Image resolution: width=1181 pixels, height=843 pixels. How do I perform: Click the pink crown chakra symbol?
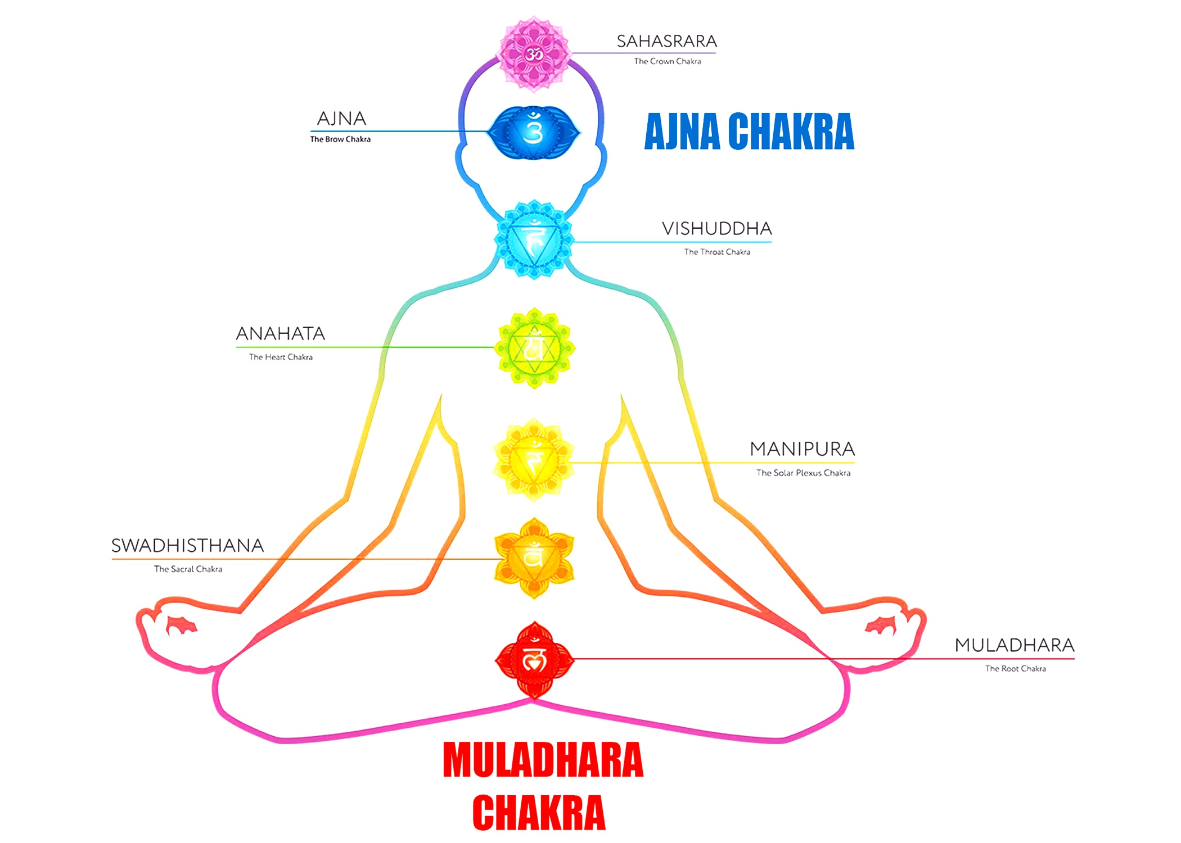coord(534,54)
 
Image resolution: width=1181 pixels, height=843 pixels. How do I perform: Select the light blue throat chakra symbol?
coord(534,240)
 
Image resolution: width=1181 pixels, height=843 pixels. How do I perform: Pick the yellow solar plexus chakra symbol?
coord(534,460)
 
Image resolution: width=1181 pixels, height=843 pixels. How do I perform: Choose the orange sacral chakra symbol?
coord(534,558)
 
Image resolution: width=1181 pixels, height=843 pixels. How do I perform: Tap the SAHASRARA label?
coord(667,42)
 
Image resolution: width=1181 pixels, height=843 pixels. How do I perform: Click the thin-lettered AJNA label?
coord(341,119)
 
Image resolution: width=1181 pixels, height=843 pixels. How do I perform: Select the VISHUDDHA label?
coord(717,229)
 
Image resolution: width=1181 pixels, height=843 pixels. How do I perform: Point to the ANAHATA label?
coord(280,334)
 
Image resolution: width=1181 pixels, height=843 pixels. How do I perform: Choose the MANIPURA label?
coord(803,449)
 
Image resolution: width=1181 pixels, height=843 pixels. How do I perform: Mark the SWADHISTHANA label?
coord(187,546)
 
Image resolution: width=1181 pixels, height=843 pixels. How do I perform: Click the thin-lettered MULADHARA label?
coord(1015,645)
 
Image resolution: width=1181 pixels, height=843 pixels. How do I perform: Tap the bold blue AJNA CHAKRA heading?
coord(749,132)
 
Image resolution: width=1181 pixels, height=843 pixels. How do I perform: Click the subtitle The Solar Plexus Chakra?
coord(803,473)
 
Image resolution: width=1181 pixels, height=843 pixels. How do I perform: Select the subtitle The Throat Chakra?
coord(717,252)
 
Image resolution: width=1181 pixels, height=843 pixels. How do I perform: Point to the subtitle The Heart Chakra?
coord(281,357)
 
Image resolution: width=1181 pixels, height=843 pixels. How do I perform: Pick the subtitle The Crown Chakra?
coord(668,61)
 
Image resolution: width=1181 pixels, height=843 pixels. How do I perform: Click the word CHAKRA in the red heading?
coord(539,813)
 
